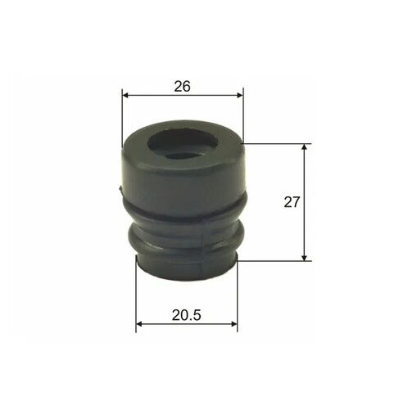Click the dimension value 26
(182, 87)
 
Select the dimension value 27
(292, 202)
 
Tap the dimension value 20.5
(187, 315)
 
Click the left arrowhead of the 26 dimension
(125, 95)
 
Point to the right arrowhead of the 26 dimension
(240, 95)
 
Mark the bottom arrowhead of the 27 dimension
(305, 258)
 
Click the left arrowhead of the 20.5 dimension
(139, 324)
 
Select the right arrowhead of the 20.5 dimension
(234, 324)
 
